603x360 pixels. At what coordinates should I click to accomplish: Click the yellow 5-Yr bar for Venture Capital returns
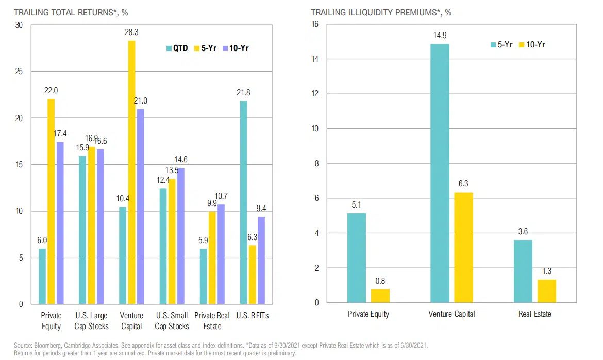(131, 172)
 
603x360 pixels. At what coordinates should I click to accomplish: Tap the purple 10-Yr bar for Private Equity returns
(60, 222)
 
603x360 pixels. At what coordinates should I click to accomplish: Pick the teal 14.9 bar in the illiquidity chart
(440, 173)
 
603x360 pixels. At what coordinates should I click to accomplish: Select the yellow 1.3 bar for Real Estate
(547, 291)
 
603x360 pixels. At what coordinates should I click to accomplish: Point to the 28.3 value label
(131, 32)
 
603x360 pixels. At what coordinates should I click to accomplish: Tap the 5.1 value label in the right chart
(356, 205)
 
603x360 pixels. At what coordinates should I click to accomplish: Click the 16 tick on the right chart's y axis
(315, 24)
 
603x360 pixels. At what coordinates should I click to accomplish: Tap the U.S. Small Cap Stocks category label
(172, 320)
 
